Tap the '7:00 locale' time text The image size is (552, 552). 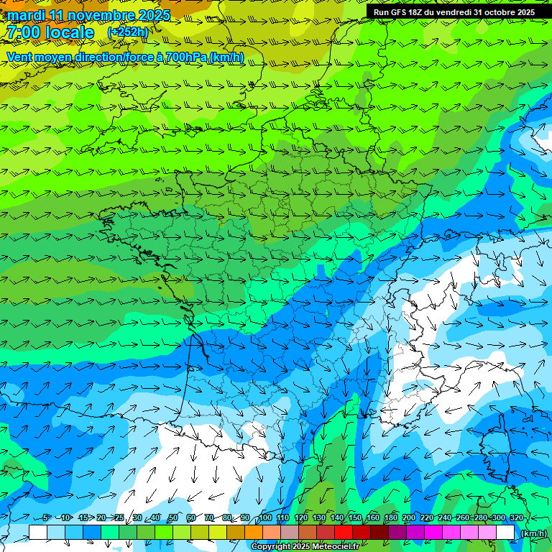pyautogui.click(x=50, y=32)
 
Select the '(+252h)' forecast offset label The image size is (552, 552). pyautogui.click(x=127, y=32)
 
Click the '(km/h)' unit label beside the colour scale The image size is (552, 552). pyautogui.click(x=533, y=533)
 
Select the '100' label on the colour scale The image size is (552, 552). pyautogui.click(x=266, y=517)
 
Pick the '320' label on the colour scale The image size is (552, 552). pyautogui.click(x=516, y=517)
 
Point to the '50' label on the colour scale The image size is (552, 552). pyautogui.click(x=172, y=517)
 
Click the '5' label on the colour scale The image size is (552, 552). pyautogui.click(x=46, y=517)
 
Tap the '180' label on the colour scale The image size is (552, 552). pyautogui.click(x=391, y=517)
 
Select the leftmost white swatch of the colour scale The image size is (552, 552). pyautogui.click(x=38, y=532)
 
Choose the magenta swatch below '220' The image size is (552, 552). pyautogui.click(x=433, y=532)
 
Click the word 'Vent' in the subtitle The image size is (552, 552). pyautogui.click(x=20, y=57)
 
